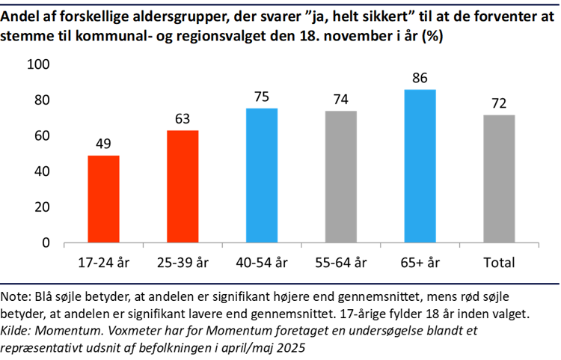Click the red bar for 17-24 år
click(x=103, y=199)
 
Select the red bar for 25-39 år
click(x=183, y=186)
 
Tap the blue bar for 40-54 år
click(x=262, y=176)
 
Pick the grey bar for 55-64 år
click(x=341, y=177)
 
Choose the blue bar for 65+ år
click(x=420, y=166)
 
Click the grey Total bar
click(x=499, y=179)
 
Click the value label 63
click(x=183, y=119)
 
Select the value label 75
click(x=262, y=97)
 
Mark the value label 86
click(x=420, y=78)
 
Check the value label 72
click(x=499, y=103)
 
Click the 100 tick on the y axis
click(x=38, y=65)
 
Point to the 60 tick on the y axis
click(x=42, y=136)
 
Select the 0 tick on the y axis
click(x=46, y=243)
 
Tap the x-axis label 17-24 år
click(x=103, y=263)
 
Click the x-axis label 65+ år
click(x=420, y=263)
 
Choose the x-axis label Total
click(x=499, y=263)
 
